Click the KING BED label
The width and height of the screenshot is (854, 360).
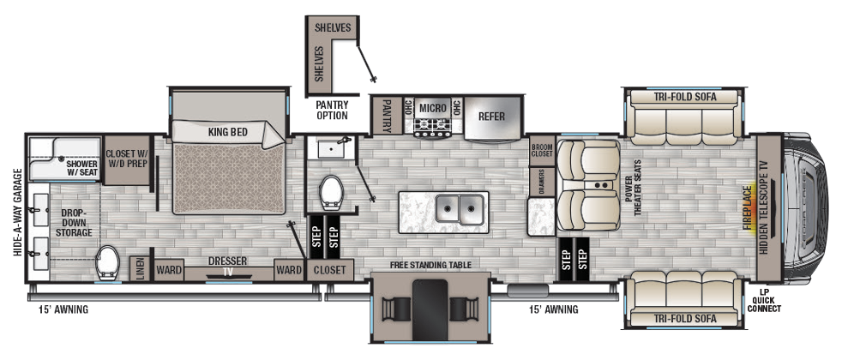click(227, 133)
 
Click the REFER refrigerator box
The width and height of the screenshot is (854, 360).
click(491, 117)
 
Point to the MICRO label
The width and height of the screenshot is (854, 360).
click(432, 108)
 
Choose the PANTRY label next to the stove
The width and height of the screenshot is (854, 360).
click(386, 116)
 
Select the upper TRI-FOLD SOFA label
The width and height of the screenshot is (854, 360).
click(683, 97)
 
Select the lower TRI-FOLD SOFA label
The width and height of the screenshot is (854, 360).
click(683, 318)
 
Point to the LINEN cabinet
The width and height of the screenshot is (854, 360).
click(137, 269)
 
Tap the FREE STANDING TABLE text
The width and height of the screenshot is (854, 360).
click(430, 265)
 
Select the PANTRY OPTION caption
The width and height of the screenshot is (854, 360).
click(332, 110)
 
